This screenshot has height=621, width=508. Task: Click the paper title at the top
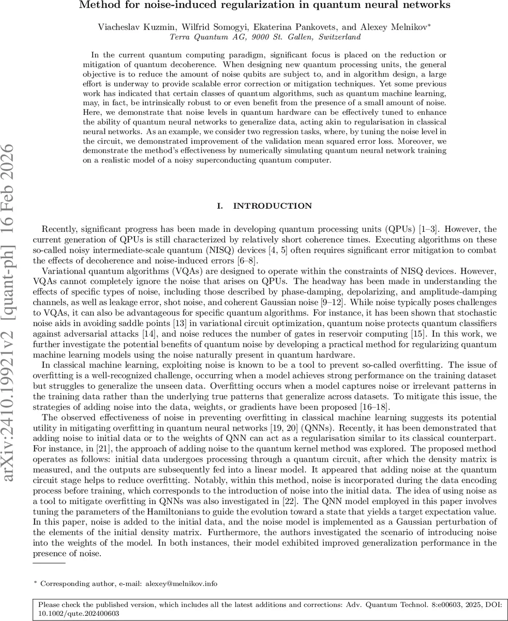coord(264,6)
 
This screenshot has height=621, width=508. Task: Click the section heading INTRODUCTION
coord(273,206)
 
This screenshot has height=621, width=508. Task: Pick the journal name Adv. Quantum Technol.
coord(359,604)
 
